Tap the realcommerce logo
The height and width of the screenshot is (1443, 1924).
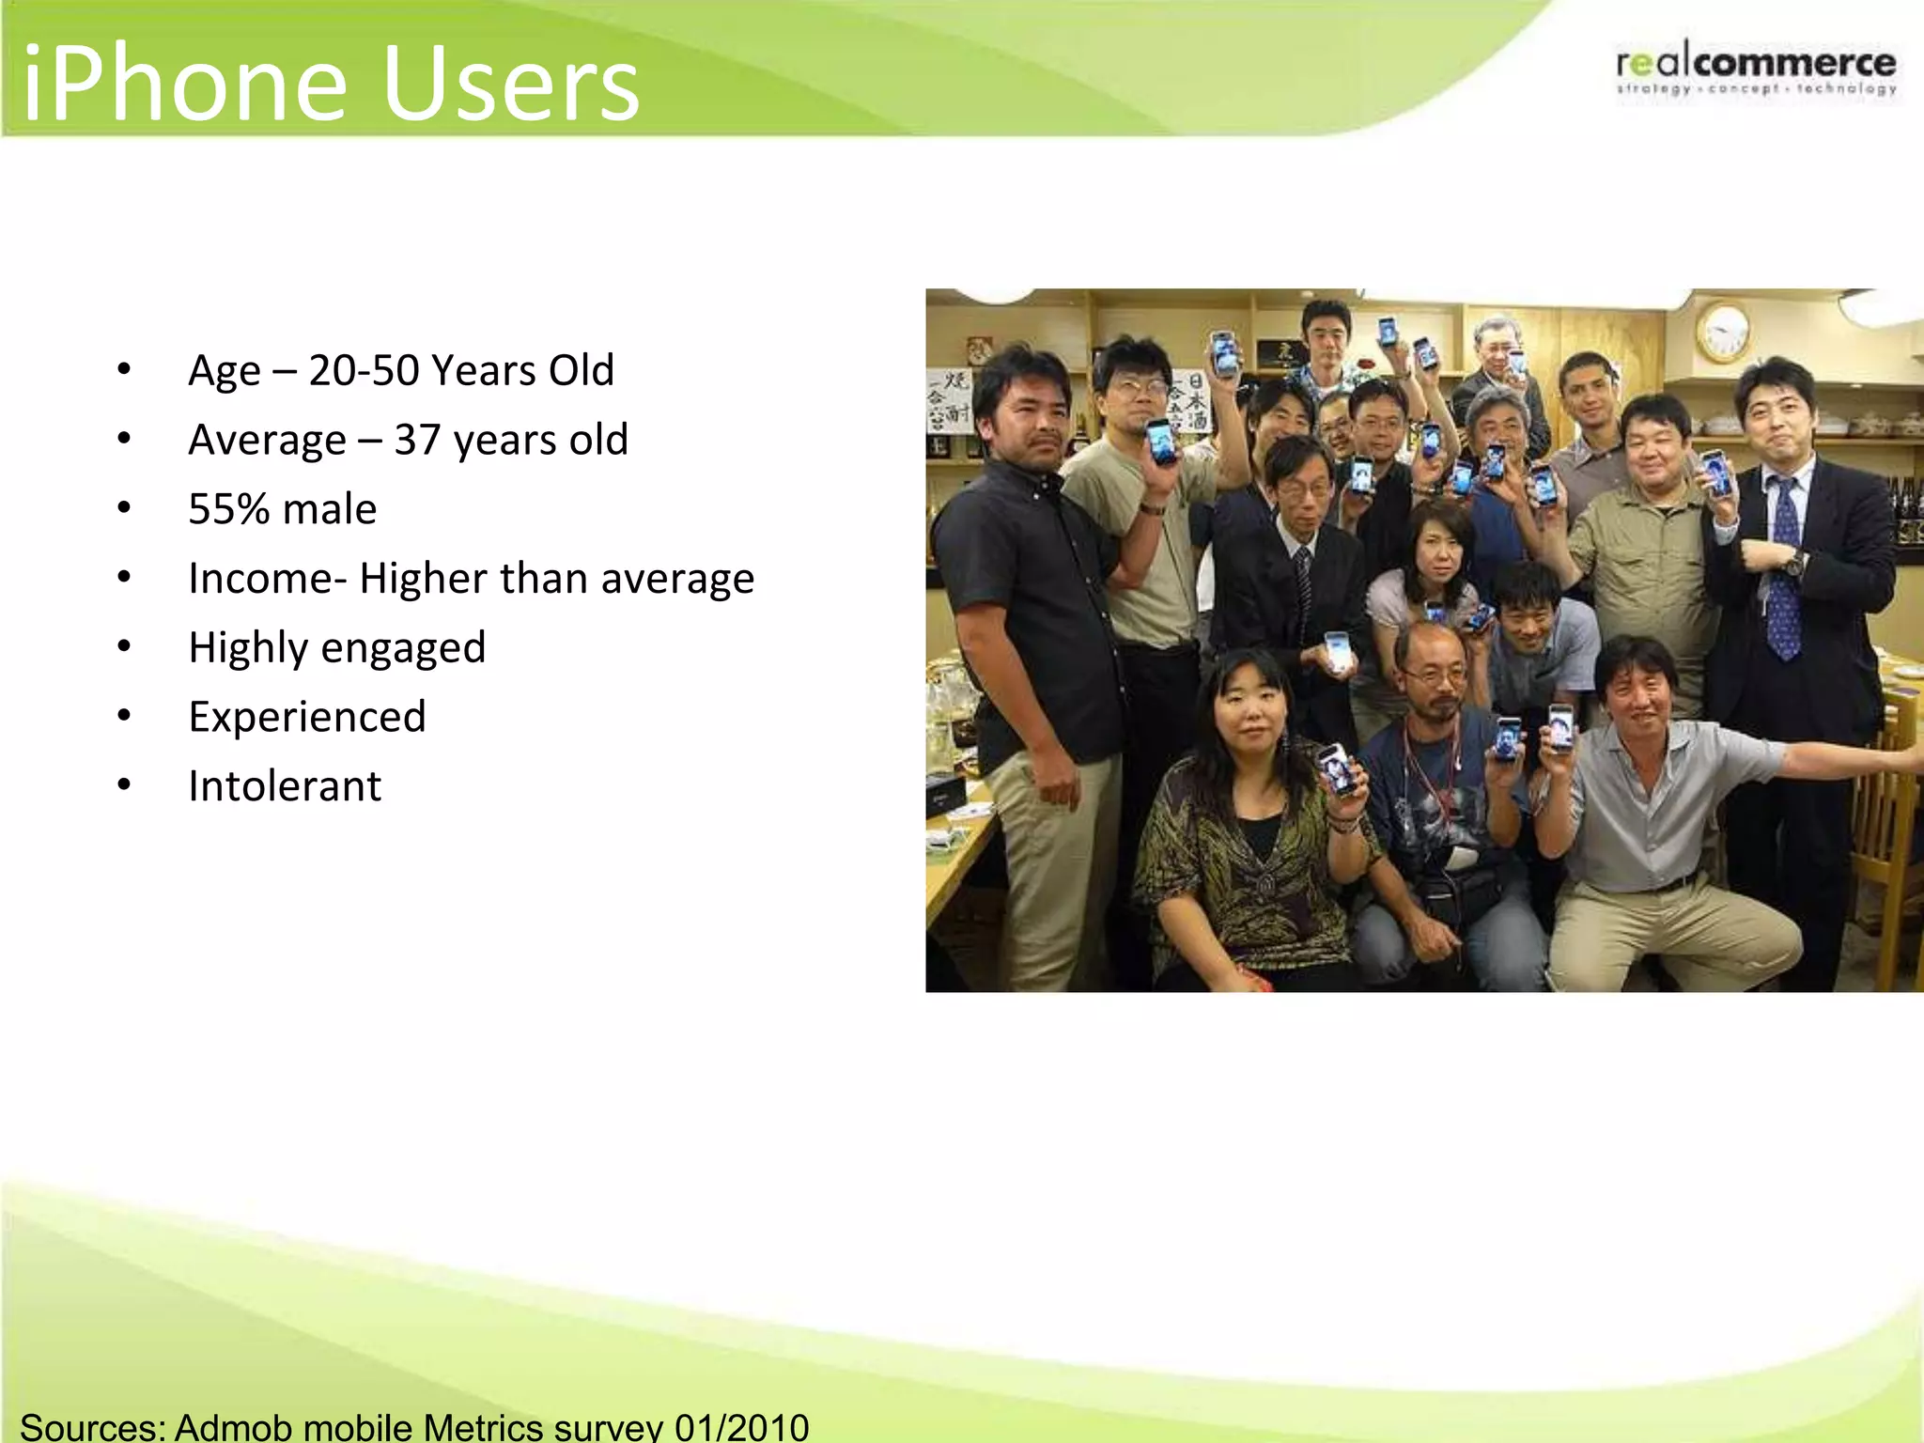1756,68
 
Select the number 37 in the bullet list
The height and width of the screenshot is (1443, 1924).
417,440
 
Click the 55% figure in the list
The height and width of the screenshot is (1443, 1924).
229,509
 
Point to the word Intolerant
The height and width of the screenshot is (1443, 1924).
285,786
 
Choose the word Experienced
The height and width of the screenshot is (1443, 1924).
307,717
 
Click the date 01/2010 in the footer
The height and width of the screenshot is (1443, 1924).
741,1426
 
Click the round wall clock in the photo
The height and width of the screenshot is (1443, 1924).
1724,331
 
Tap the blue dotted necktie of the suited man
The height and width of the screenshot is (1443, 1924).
1783,573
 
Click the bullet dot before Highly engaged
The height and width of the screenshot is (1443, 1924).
124,647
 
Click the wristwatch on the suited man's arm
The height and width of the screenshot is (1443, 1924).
1796,563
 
